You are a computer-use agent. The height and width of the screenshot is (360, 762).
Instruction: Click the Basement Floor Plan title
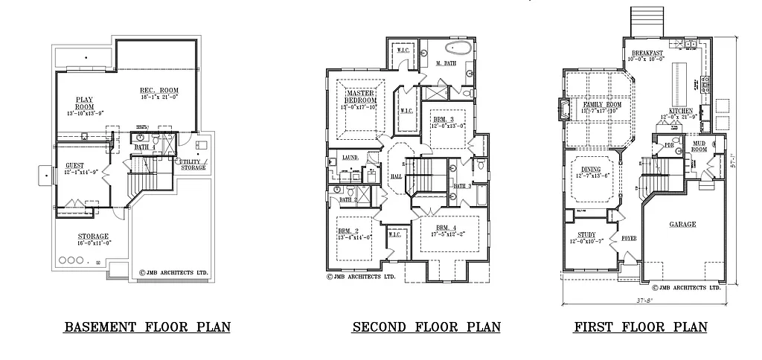click(147, 327)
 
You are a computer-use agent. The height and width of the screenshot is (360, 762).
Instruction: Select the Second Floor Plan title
click(426, 327)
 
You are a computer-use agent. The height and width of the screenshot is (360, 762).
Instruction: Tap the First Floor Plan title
click(640, 327)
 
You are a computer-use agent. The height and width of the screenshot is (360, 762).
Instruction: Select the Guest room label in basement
click(74, 165)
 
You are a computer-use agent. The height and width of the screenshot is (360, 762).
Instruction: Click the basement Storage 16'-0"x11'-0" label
click(93, 237)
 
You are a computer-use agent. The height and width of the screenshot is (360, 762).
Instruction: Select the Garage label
click(682, 225)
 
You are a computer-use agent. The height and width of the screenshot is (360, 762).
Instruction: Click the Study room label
click(586, 236)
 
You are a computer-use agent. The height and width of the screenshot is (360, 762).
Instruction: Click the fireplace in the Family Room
click(567, 110)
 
